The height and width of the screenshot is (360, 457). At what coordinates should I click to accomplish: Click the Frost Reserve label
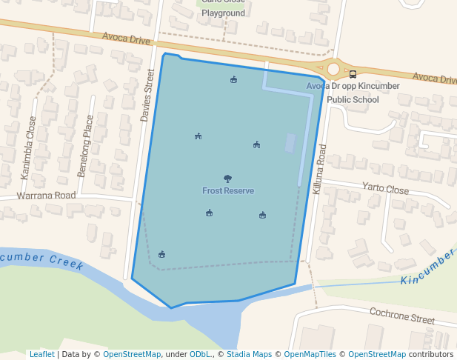[228, 191]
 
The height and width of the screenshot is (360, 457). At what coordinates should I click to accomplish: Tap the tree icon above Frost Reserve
[227, 179]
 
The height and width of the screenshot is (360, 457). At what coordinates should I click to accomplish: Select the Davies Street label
[147, 96]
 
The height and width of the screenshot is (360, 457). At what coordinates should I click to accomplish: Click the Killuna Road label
[319, 170]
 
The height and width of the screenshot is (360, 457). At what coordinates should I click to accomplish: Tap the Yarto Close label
[385, 189]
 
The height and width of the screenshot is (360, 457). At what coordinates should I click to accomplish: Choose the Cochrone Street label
[402, 316]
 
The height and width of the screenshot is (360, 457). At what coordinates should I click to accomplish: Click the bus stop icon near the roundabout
[353, 73]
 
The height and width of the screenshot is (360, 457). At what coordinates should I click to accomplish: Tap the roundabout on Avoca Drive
[333, 69]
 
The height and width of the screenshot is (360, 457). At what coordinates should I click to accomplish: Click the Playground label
[223, 13]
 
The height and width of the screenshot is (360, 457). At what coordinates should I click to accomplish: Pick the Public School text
[353, 100]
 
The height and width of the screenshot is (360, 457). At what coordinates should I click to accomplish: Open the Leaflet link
[41, 354]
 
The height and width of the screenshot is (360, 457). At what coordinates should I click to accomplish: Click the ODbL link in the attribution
[201, 354]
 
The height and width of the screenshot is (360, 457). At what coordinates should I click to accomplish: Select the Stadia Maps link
[249, 354]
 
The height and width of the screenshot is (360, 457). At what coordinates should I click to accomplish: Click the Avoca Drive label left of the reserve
[126, 37]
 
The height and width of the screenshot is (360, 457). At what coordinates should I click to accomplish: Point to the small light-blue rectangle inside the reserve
[290, 143]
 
